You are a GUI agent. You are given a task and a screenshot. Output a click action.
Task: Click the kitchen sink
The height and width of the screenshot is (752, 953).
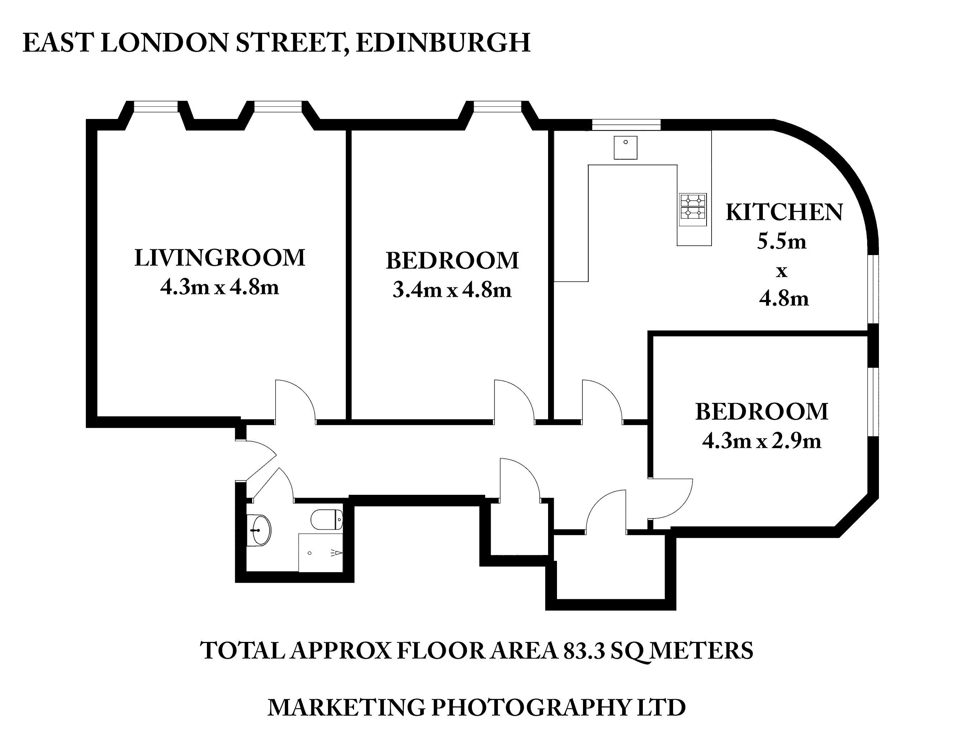point(625,147)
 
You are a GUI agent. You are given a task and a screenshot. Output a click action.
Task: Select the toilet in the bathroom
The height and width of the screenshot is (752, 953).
point(327,519)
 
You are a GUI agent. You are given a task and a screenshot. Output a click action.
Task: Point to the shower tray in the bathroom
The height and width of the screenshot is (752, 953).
point(321,553)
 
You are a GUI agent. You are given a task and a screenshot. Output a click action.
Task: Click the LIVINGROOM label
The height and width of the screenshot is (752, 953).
point(220,258)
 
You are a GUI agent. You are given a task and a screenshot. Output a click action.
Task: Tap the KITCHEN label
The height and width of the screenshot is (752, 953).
point(785,212)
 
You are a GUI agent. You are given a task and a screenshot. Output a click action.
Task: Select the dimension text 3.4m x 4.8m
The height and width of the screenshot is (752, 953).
point(452,290)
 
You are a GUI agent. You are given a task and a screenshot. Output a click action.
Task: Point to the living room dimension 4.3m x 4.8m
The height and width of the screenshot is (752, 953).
point(220,287)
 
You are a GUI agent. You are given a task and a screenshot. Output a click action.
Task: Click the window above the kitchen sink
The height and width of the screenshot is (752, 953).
point(626,125)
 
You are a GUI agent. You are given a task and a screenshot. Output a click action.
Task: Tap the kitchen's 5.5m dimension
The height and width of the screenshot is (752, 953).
point(781,242)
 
